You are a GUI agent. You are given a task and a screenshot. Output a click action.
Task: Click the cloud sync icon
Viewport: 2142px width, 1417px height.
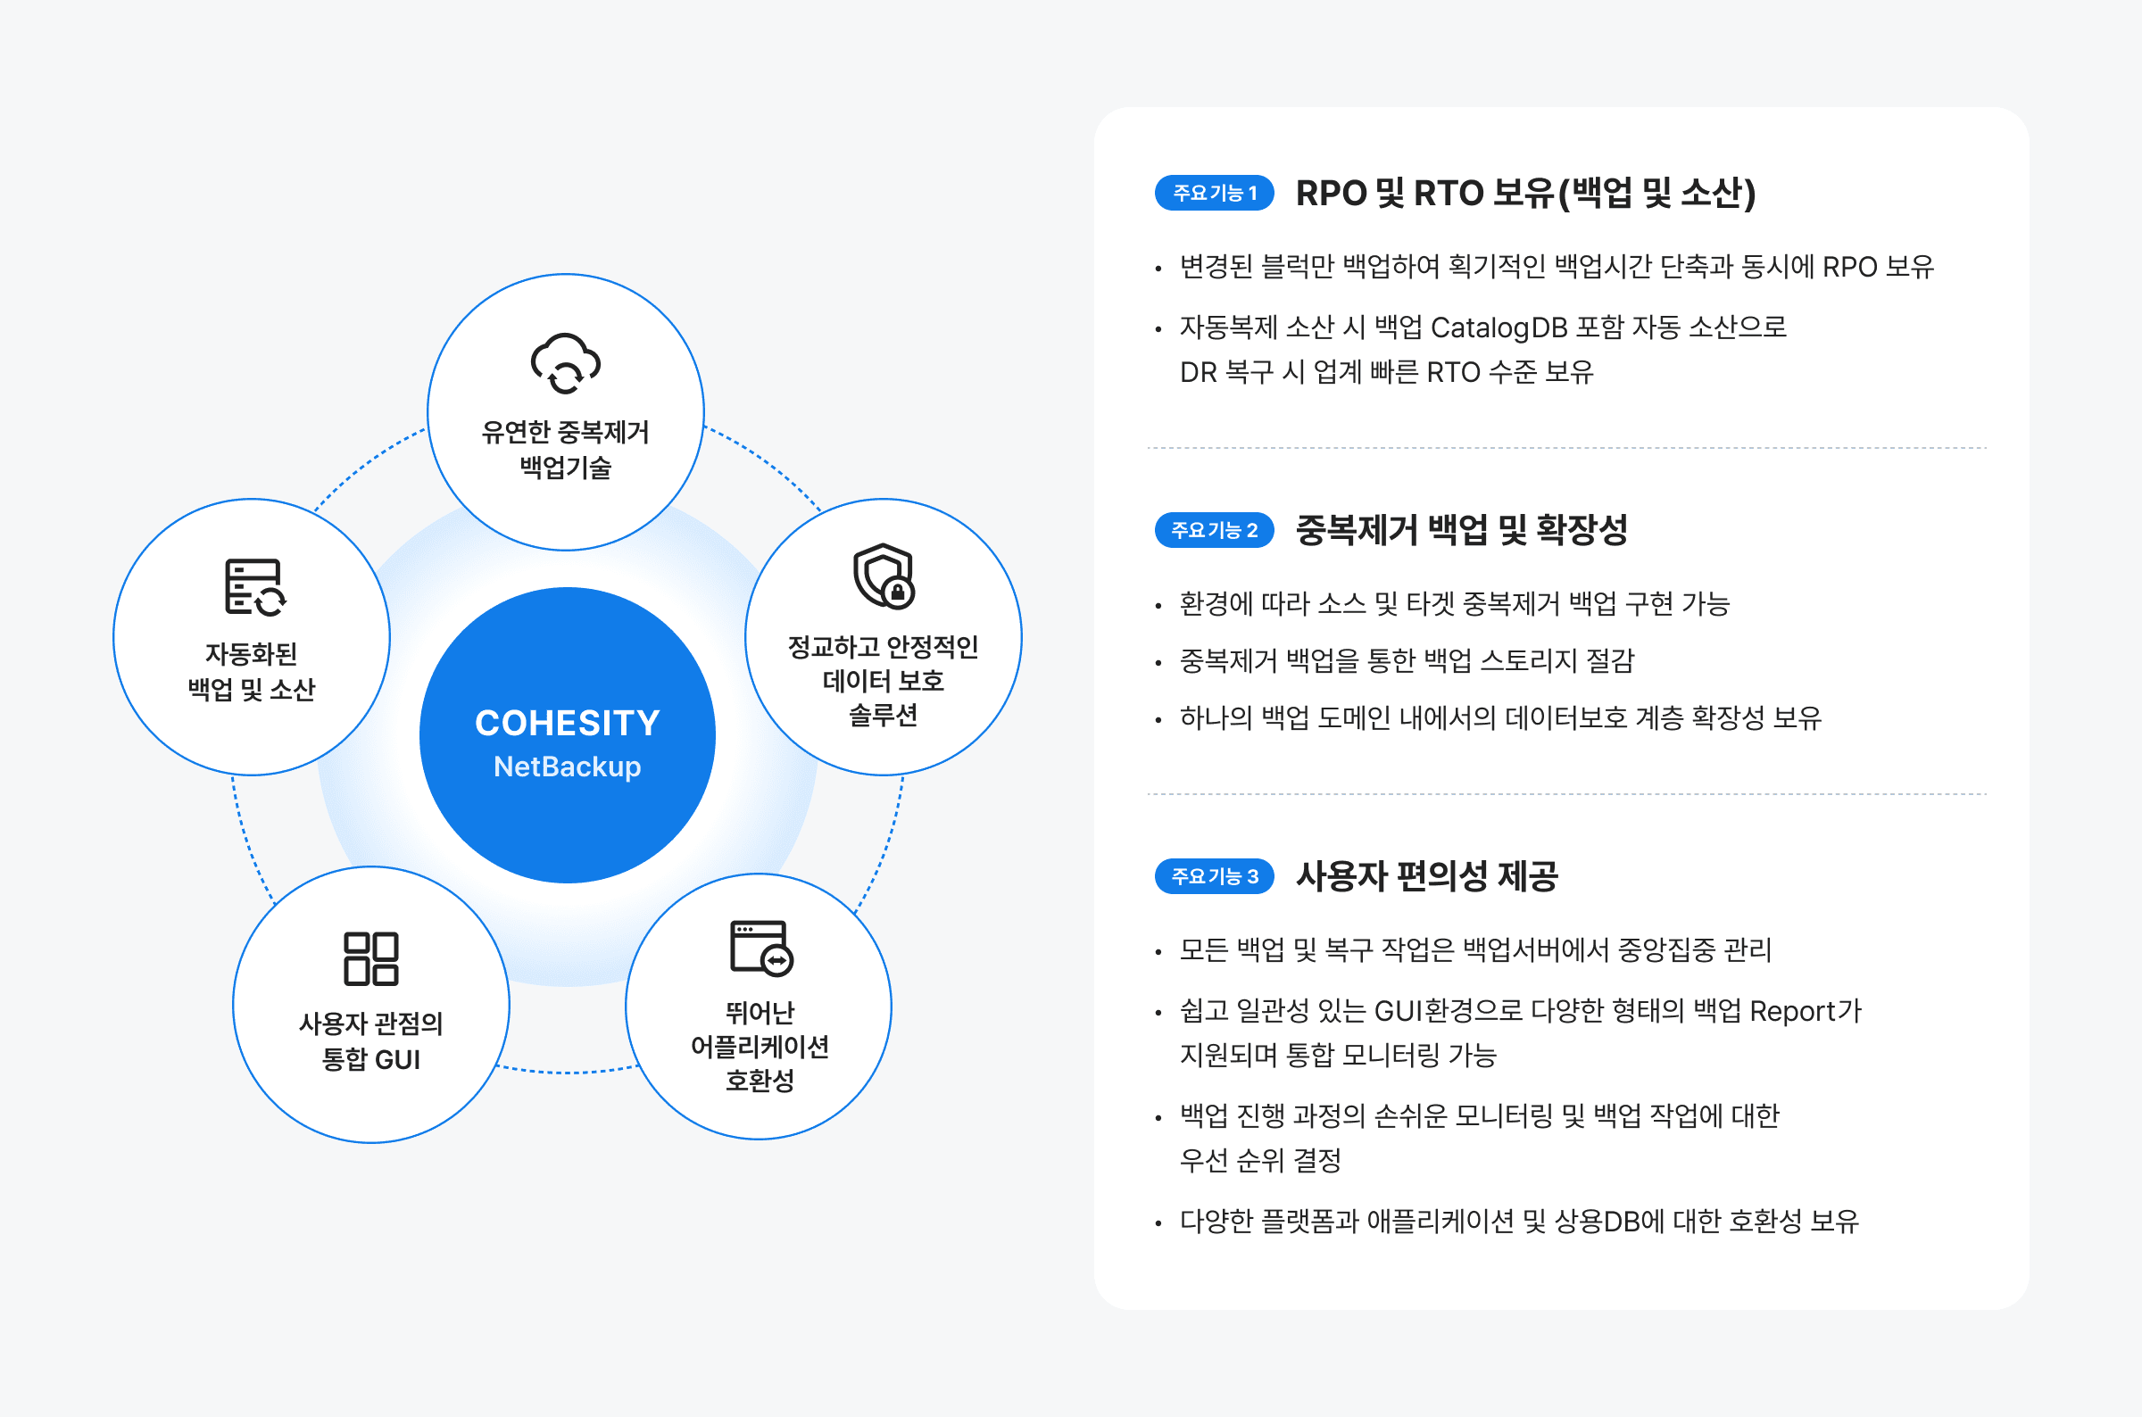point(566,363)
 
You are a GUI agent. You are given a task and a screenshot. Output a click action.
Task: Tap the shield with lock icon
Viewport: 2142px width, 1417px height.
point(884,576)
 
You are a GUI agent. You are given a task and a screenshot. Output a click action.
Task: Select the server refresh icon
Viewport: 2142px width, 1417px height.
point(255,587)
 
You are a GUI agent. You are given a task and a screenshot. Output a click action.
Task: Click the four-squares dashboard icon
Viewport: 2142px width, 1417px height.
point(370,958)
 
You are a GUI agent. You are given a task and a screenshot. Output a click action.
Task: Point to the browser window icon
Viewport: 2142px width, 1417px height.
point(761,948)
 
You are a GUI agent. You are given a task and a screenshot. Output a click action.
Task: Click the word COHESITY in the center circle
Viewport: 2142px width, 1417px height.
point(568,723)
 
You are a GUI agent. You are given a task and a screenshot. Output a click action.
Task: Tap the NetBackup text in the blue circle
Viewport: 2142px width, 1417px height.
point(568,767)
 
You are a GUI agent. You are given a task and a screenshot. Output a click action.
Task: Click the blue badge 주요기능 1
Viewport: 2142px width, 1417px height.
point(1214,193)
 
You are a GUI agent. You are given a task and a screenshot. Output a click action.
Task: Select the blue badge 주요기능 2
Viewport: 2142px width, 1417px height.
point(1214,529)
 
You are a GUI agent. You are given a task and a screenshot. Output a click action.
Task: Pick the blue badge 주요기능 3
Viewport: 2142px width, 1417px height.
point(1214,875)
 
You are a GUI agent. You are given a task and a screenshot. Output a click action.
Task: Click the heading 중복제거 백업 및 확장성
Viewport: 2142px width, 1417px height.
point(1461,529)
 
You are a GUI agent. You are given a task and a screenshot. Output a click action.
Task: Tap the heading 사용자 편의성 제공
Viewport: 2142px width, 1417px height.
point(1426,875)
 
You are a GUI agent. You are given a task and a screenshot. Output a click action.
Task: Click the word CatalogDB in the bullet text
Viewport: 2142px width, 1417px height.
point(1499,327)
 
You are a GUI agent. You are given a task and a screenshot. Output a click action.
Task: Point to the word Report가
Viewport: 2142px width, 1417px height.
point(1805,1010)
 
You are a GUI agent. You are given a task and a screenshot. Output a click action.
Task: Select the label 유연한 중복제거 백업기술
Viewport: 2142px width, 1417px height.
point(566,450)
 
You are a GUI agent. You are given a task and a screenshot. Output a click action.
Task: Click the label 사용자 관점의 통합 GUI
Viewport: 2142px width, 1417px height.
point(371,1041)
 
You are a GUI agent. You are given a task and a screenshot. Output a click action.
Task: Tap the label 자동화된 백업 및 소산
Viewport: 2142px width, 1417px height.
point(252,671)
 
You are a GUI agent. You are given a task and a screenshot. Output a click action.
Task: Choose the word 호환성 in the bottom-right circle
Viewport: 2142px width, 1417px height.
point(760,1081)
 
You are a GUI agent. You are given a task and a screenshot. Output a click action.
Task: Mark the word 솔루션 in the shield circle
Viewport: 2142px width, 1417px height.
point(884,715)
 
